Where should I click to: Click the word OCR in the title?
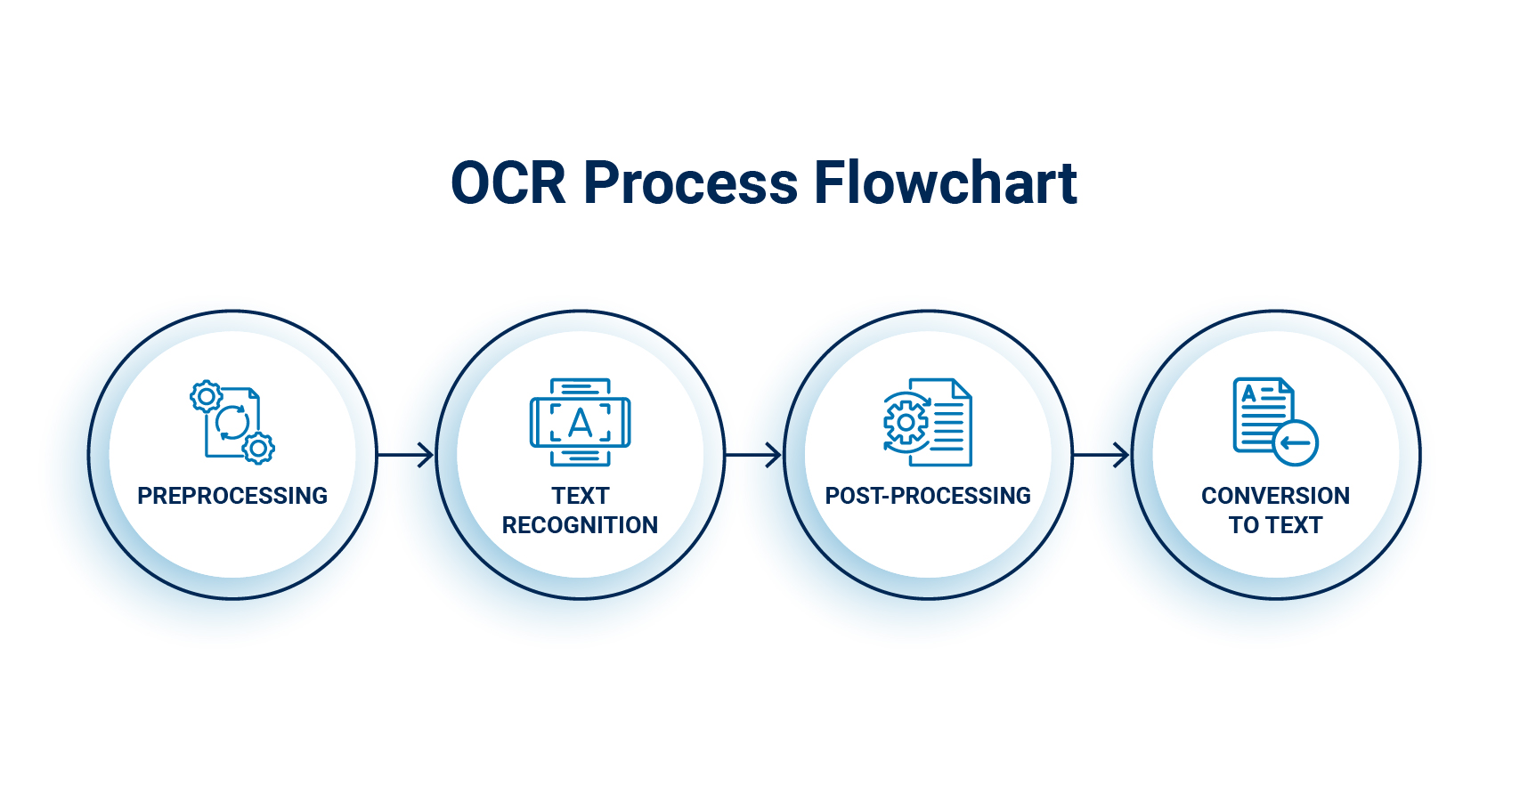tap(508, 183)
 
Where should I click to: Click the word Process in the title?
tap(690, 183)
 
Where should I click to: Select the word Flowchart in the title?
tap(945, 183)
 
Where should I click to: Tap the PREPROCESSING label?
tap(232, 496)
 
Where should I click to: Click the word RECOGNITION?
tap(580, 525)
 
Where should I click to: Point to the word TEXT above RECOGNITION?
tap(580, 496)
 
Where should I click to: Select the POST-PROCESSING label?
tap(928, 496)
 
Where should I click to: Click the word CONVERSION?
tap(1275, 496)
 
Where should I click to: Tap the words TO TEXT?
tap(1275, 525)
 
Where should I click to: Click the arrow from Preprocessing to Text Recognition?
tap(406, 455)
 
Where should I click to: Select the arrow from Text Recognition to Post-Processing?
tap(753, 455)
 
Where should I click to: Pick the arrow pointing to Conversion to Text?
tap(1101, 455)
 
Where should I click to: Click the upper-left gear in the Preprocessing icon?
tap(206, 396)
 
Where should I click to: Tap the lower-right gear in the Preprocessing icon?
tap(258, 449)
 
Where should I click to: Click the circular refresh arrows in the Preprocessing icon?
tap(232, 423)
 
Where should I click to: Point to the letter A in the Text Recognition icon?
tap(580, 423)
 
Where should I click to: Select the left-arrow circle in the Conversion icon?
tap(1295, 442)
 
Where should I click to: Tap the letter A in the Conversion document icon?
tap(1248, 393)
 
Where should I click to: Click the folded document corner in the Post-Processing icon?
tap(962, 388)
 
